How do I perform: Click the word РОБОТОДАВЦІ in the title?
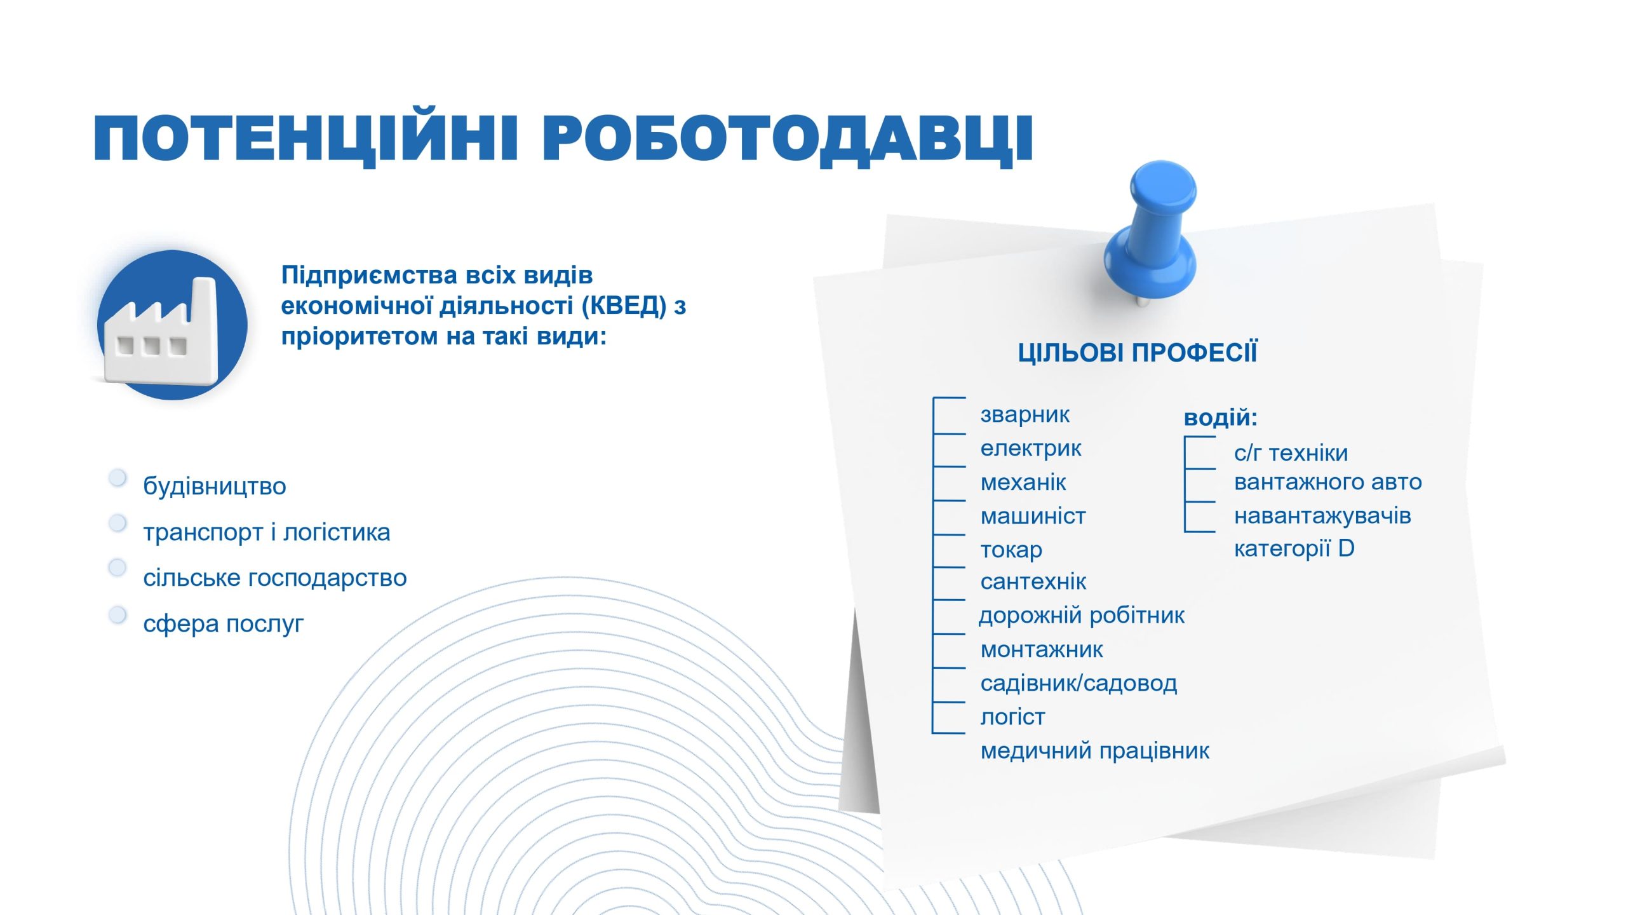pyautogui.click(x=788, y=139)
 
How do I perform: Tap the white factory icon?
pyautogui.click(x=161, y=332)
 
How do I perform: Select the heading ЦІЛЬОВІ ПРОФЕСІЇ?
pyautogui.click(x=1137, y=353)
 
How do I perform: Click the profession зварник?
pyautogui.click(x=1025, y=414)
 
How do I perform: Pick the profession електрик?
pyautogui.click(x=1030, y=448)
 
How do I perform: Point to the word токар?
pyautogui.click(x=1011, y=550)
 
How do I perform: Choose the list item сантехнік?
pyautogui.click(x=1033, y=581)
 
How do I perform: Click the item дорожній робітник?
pyautogui.click(x=1082, y=616)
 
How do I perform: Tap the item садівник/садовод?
pyautogui.click(x=1078, y=683)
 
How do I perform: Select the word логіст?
pyautogui.click(x=1012, y=717)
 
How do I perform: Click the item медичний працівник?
pyautogui.click(x=1095, y=751)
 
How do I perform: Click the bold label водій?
pyautogui.click(x=1220, y=417)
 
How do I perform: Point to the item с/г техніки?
pyautogui.click(x=1291, y=453)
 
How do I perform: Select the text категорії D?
pyautogui.click(x=1294, y=548)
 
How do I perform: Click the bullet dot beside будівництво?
pyautogui.click(x=118, y=478)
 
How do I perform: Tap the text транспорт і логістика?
pyautogui.click(x=267, y=532)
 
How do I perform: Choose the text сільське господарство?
pyautogui.click(x=275, y=578)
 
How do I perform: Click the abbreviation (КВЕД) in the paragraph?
pyautogui.click(x=624, y=306)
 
